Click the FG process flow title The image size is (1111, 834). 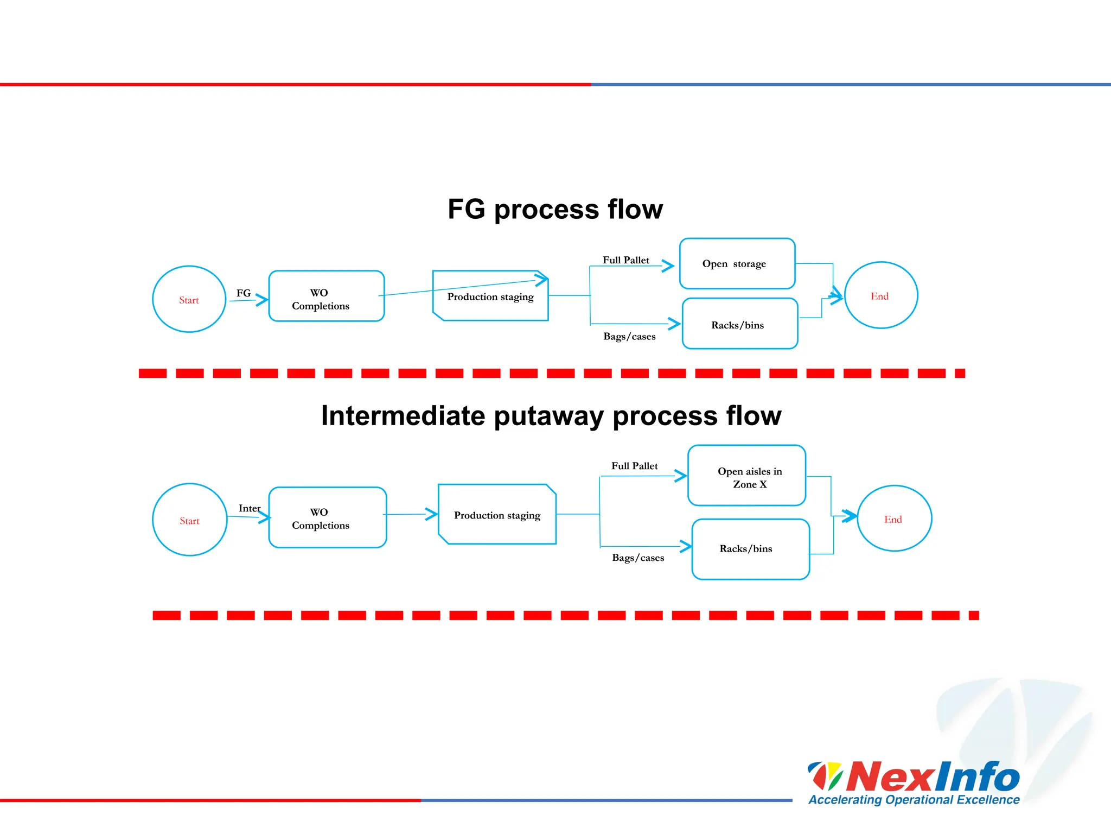pyautogui.click(x=555, y=210)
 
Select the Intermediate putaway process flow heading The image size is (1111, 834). pyautogui.click(x=551, y=416)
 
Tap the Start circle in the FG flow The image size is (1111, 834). pyautogui.click(x=189, y=299)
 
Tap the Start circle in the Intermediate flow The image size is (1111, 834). pyautogui.click(x=189, y=520)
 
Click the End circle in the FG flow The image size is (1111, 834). pyautogui.click(x=880, y=295)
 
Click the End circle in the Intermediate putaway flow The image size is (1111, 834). pyautogui.click(x=894, y=519)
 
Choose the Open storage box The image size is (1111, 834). pyautogui.click(x=737, y=264)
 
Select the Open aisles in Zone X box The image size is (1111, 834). pyautogui.click(x=746, y=476)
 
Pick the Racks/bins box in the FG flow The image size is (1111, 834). pyautogui.click(x=739, y=324)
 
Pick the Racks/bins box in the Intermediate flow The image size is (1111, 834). pyautogui.click(x=750, y=549)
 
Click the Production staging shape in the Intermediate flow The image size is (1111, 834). pyautogui.click(x=497, y=515)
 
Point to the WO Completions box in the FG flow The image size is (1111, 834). pyautogui.click(x=326, y=296)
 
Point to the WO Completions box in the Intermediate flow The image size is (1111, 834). pyautogui.click(x=327, y=517)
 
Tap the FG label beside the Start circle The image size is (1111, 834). pyautogui.click(x=244, y=293)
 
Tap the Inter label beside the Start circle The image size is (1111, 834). pyautogui.click(x=249, y=508)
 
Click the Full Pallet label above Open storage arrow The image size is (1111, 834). pyautogui.click(x=625, y=260)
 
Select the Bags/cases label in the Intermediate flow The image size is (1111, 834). pyautogui.click(x=637, y=558)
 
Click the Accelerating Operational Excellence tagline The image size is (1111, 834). pyautogui.click(x=914, y=800)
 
